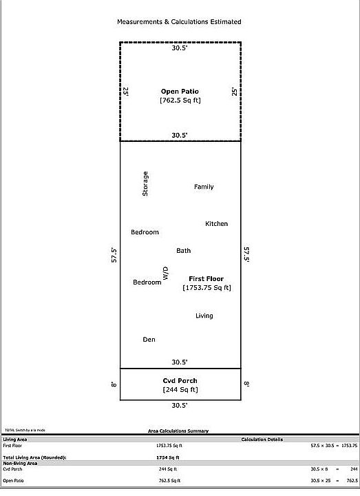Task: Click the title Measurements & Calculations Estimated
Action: click(179, 22)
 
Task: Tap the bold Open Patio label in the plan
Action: click(180, 91)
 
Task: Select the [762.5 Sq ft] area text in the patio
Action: click(180, 101)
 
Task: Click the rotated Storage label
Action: click(145, 184)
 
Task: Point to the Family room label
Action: click(204, 187)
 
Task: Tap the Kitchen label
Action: click(216, 224)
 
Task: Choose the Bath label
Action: click(183, 251)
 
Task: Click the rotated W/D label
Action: click(165, 273)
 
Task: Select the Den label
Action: click(149, 340)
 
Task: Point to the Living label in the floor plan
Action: click(204, 316)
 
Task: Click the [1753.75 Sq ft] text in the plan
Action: click(207, 288)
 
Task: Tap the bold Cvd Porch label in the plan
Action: click(180, 381)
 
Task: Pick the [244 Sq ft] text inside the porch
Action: click(180, 390)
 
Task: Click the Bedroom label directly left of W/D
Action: click(147, 282)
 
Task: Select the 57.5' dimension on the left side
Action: click(114, 255)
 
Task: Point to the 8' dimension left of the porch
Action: click(114, 384)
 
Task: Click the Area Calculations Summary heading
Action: click(178, 431)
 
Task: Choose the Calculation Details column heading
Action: click(262, 440)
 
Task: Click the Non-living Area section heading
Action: click(20, 463)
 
